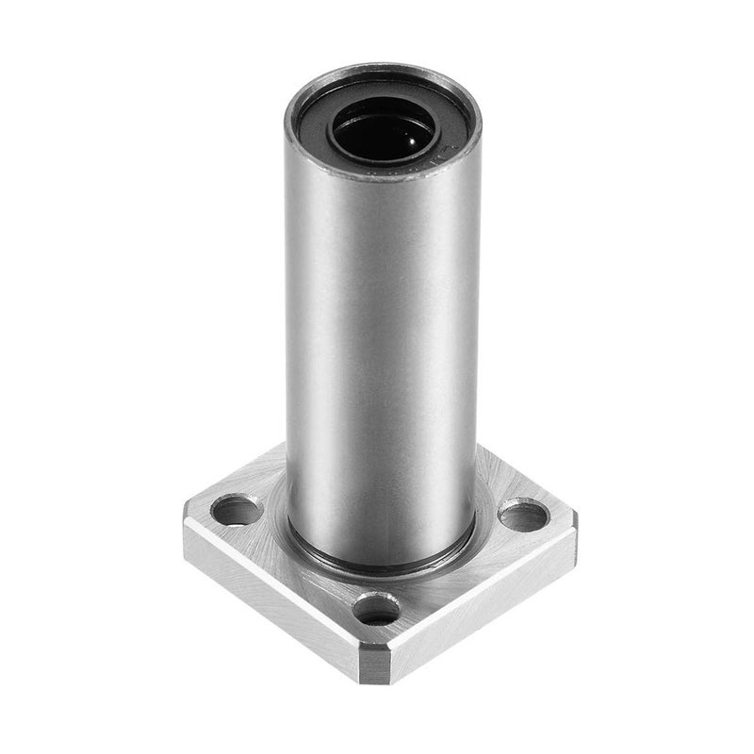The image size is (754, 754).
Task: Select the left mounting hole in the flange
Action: click(236, 512)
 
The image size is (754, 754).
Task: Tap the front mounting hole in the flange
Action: click(380, 609)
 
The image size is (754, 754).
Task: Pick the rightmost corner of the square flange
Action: click(575, 517)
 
